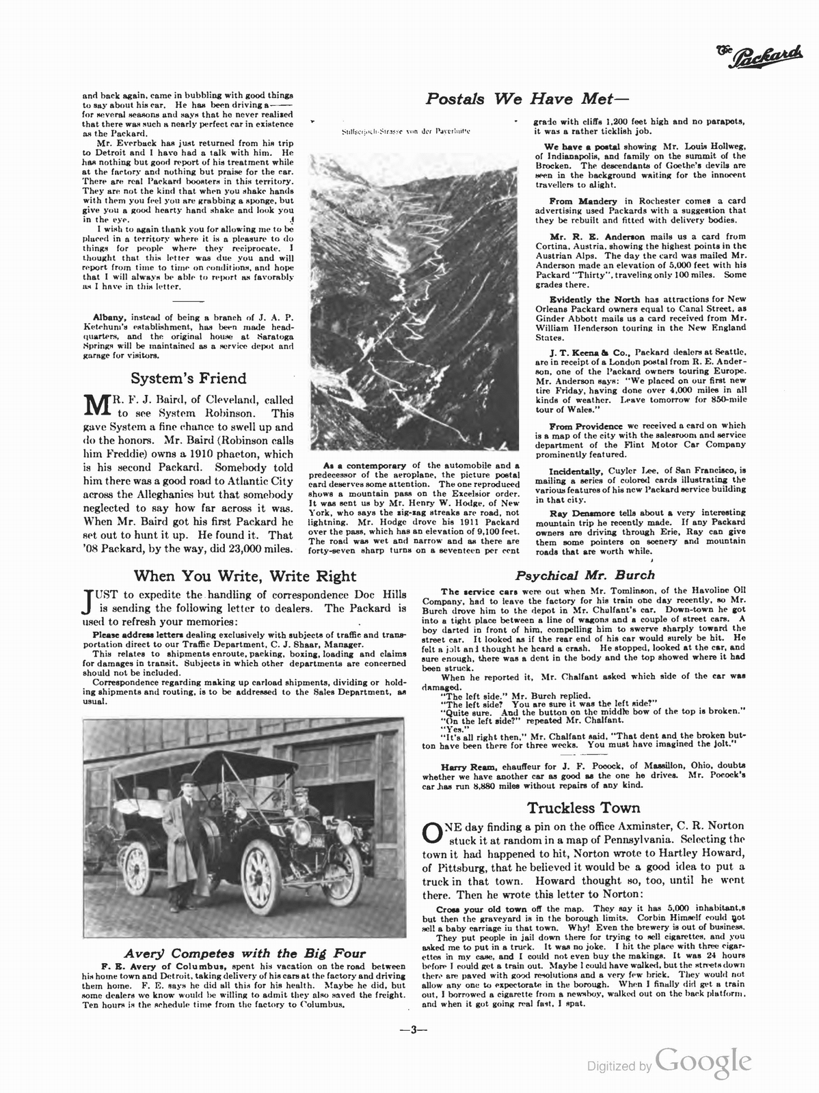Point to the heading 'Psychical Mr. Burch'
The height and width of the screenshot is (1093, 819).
coord(585,575)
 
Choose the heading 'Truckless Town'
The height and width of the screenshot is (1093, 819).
coord(585,808)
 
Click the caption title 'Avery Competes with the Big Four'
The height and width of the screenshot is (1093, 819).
coord(244,954)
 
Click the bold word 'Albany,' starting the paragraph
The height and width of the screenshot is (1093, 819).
coord(110,318)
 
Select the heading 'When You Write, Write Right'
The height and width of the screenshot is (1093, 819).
coord(245,575)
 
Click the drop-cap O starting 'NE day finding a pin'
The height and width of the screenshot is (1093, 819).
coord(433,833)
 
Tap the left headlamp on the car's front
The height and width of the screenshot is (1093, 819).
coord(301,831)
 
